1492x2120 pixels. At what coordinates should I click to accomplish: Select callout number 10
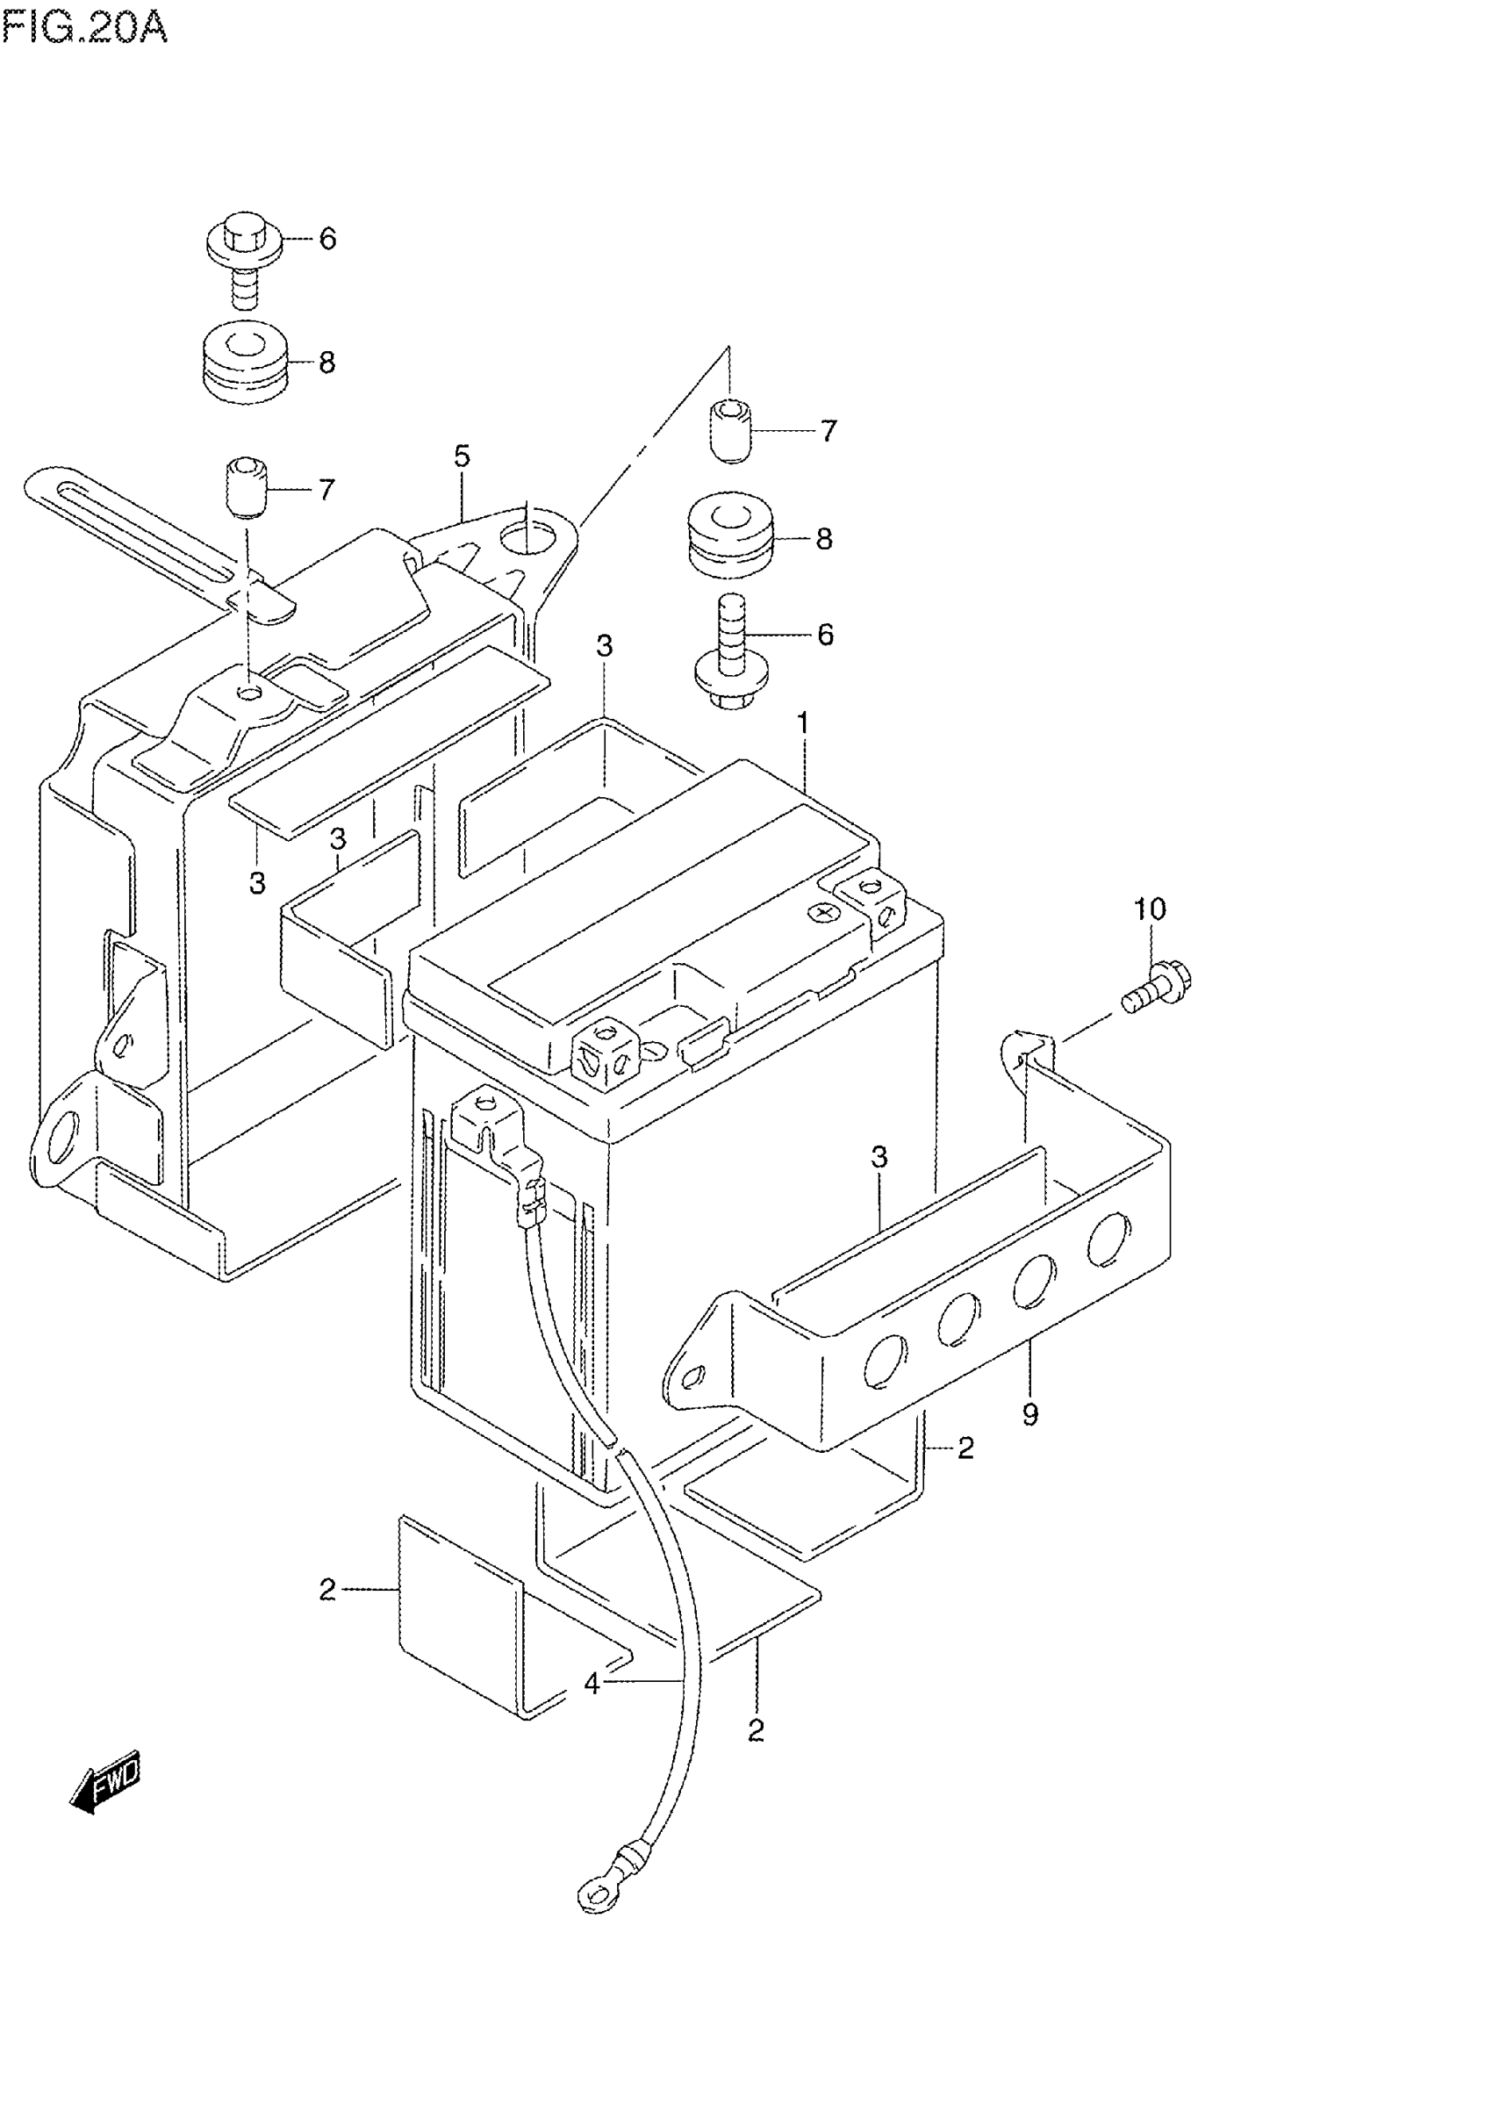coord(1150,909)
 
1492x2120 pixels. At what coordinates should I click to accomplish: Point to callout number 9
coord(1030,1440)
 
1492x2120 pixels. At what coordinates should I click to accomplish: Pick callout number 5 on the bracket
coord(462,456)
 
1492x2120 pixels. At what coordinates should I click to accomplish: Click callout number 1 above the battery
coord(803,723)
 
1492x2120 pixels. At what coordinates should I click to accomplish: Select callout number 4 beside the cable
coord(592,1685)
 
